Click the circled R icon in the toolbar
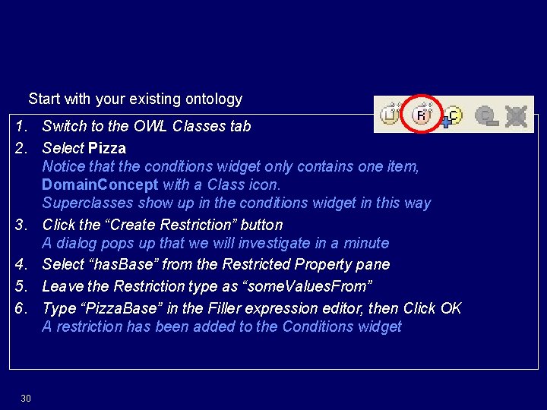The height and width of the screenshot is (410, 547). [x=422, y=115]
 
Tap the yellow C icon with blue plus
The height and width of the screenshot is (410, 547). [x=452, y=115]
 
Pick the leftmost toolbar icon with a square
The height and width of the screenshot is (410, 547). [x=390, y=115]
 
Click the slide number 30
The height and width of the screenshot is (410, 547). [x=26, y=399]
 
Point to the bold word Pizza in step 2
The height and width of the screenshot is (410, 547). [x=107, y=148]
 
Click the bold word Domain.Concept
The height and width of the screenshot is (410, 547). [x=100, y=184]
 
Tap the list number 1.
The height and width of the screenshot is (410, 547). [x=22, y=126]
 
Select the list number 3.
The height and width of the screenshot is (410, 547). [x=22, y=225]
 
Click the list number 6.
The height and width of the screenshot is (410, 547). [x=22, y=308]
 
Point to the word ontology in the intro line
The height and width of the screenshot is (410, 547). [x=216, y=99]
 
